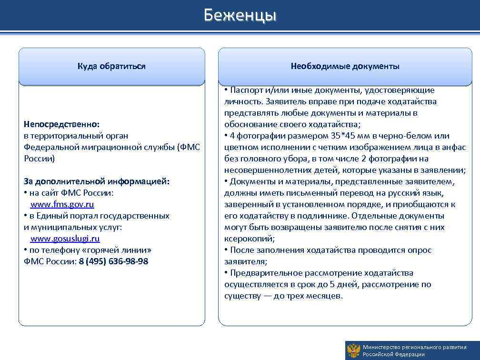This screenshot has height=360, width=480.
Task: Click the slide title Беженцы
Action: tap(240, 15)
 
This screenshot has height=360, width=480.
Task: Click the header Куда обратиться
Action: tap(111, 66)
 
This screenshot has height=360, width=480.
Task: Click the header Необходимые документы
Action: tap(345, 66)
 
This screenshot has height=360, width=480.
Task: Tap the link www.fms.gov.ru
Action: tap(62, 204)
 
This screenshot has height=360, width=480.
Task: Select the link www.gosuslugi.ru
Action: tap(65, 239)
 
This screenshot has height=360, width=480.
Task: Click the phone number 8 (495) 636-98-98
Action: tap(113, 261)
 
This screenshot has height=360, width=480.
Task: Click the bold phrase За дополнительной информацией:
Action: tap(97, 181)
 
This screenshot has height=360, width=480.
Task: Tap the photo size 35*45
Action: tap(341, 136)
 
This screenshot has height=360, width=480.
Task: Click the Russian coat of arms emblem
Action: tap(353, 350)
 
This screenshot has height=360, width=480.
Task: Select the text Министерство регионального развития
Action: tap(414, 347)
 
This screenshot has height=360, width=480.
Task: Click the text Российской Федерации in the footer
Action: tap(393, 354)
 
